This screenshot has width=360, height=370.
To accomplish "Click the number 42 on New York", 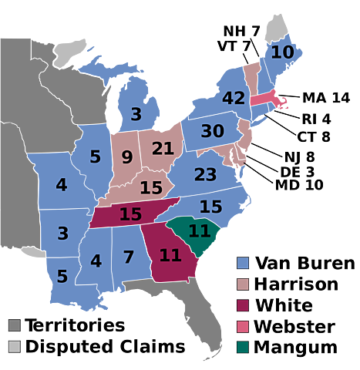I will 233,99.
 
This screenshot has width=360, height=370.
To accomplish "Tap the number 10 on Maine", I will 282,52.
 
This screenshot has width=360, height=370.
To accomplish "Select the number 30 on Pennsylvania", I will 212,132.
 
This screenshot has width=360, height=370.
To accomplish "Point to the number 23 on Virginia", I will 205,175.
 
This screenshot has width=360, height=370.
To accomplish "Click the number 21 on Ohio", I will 163,149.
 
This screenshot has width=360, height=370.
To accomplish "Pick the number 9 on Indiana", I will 127,158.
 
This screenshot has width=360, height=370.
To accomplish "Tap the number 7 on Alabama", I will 129,257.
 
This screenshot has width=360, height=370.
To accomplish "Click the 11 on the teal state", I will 199,231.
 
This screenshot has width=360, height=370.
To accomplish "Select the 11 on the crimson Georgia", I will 170,255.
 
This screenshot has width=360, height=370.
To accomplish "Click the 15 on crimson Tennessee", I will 130,214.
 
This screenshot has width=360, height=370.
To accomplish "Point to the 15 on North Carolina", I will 210,207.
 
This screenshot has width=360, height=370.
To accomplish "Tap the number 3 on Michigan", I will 136,115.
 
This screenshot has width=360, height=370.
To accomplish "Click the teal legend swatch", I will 243,346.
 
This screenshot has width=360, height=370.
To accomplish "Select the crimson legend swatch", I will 243,305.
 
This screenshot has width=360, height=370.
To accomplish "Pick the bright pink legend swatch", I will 243,326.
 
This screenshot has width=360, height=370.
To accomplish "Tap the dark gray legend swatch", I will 14,325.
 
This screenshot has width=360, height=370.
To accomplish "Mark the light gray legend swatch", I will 14,346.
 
